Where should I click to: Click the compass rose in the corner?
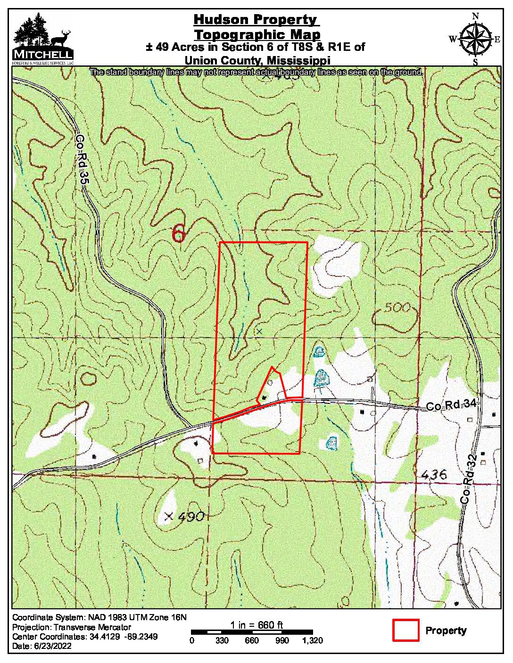[x=475, y=39]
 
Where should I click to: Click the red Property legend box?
[x=405, y=630]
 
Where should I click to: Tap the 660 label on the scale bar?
[x=252, y=640]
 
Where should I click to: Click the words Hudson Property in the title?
[x=256, y=20]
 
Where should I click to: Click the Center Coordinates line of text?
[x=85, y=637]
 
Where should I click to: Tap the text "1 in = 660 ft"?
[x=256, y=625]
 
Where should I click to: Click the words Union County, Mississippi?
[x=256, y=60]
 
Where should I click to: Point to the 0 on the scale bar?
[x=191, y=640]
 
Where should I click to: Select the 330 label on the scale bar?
[x=222, y=640]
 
